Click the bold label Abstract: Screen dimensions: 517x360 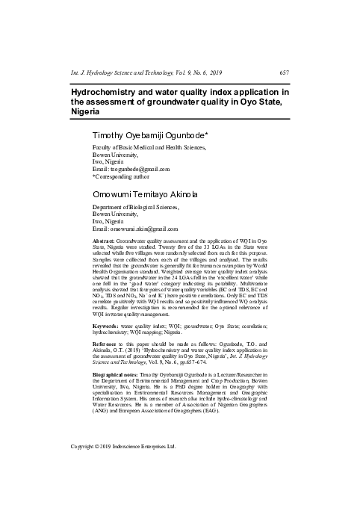103,244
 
